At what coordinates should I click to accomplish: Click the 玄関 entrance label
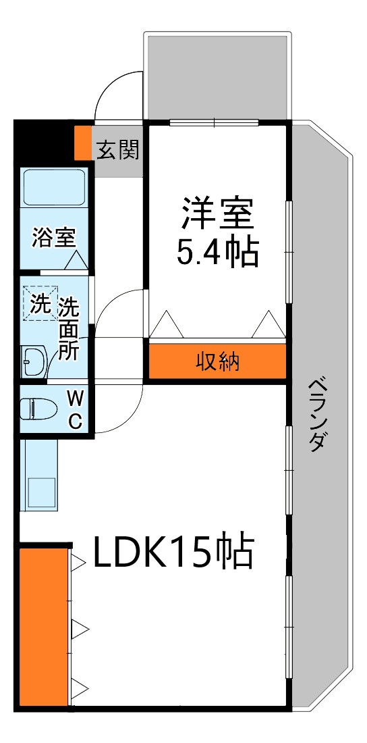(x=117, y=150)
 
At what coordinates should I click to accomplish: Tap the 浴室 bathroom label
(x=54, y=237)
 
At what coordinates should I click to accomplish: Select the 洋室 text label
(x=217, y=213)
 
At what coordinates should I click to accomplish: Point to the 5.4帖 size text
(x=217, y=252)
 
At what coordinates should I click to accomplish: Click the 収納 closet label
(x=217, y=363)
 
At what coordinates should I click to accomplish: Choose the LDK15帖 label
(x=173, y=553)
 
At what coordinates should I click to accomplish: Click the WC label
(x=75, y=409)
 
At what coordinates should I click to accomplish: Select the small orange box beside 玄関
(x=82, y=143)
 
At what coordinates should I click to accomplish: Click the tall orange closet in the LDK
(x=44, y=626)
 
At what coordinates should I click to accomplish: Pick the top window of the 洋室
(x=215, y=123)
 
